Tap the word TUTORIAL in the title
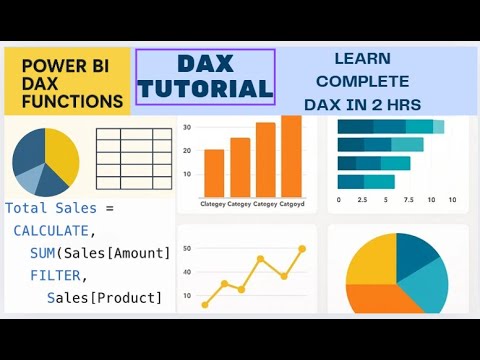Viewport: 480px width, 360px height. (205, 89)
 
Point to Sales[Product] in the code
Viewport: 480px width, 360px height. (104, 297)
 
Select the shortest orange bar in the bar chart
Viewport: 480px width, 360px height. (214, 173)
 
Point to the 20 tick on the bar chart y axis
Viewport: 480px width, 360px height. (187, 150)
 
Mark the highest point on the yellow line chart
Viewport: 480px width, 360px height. (302, 249)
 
